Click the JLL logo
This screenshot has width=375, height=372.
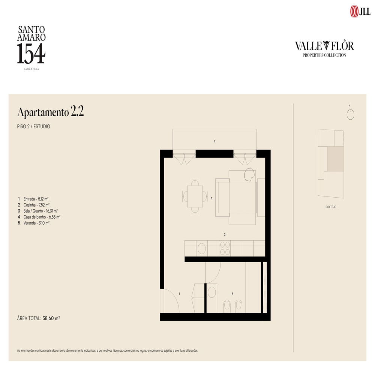point(360,11)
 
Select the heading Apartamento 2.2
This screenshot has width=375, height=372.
point(50,112)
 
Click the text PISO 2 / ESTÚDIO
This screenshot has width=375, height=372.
point(34,127)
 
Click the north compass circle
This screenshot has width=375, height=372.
point(350,115)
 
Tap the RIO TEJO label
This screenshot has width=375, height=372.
point(331,207)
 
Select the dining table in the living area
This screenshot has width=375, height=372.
point(195,196)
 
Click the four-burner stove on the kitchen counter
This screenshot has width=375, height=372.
point(225,248)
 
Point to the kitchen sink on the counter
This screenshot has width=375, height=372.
point(202,248)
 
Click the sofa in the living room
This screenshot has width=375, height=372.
point(222,197)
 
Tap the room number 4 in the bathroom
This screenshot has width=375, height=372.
point(232,294)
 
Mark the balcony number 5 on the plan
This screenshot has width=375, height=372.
point(214,141)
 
